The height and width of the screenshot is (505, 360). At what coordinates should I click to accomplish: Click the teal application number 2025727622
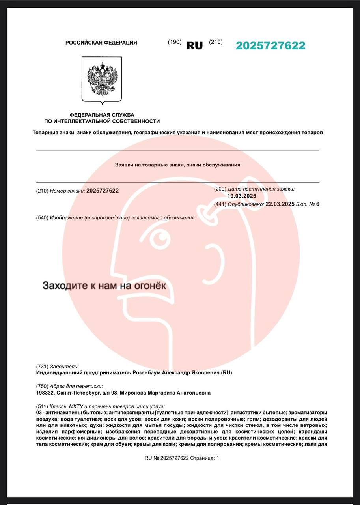coord(270,46)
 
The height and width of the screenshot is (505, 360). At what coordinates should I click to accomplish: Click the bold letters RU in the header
coord(194,46)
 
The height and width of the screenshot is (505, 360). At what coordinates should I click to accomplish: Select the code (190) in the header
coord(175,42)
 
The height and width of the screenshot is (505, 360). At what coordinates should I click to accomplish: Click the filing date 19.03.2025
coord(242,196)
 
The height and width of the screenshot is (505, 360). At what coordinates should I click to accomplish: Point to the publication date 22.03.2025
coord(280,204)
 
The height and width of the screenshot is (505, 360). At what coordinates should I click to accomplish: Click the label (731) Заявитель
coord(57,366)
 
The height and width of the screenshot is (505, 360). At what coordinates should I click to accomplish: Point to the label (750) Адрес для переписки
coord(69,386)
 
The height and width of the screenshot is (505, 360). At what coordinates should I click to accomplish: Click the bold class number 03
coord(39,412)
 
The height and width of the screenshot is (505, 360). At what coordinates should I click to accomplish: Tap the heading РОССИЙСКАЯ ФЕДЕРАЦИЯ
coord(101,43)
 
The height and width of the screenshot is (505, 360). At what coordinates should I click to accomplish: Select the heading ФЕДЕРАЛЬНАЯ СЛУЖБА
coord(102,115)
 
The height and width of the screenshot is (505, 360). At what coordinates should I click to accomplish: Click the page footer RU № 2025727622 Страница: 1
coord(181,458)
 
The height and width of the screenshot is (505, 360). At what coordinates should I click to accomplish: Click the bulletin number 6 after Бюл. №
coord(318,204)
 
